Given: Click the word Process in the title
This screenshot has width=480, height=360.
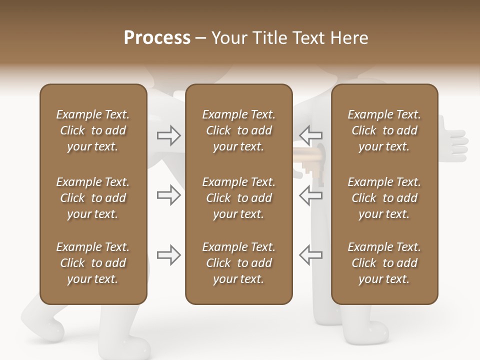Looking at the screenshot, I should point(157,37).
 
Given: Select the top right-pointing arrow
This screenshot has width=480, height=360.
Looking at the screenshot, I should point(169,135).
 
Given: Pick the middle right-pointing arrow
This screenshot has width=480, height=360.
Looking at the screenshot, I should point(169,195).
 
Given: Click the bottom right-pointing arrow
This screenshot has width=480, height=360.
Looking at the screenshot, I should point(169,255).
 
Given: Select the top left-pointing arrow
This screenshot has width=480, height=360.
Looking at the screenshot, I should point(311,135).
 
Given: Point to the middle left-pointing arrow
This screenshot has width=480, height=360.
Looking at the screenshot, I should point(311,195).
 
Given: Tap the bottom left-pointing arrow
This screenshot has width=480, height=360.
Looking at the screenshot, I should point(311,255).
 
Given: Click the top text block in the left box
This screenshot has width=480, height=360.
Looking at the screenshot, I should point(93,130).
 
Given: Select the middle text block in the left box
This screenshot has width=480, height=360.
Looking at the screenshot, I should point(93,198).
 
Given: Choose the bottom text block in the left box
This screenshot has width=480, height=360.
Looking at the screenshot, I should point(93,263).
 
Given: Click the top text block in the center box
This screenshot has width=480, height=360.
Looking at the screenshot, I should point(238,130).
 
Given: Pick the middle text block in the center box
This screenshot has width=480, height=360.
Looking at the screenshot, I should point(238,198).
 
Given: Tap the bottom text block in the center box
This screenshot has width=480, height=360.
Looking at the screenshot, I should point(238,263).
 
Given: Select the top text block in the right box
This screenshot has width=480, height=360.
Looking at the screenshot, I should point(384,130).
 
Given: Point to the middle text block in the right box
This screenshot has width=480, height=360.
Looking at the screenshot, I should point(384,198).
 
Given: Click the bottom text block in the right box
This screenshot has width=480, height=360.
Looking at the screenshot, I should point(384,263).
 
